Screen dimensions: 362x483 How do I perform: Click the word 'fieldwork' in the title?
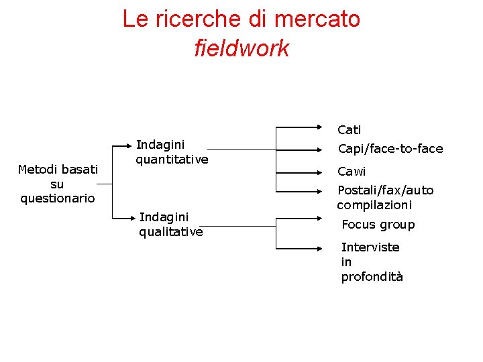[x=241, y=48]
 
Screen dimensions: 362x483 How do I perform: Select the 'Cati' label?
[x=349, y=129]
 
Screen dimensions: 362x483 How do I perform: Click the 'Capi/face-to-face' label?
[x=390, y=149]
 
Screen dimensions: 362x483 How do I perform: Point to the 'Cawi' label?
[x=352, y=172]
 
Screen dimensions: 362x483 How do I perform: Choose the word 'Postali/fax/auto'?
[x=385, y=190]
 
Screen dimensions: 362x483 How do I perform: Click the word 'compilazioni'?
[x=374, y=205]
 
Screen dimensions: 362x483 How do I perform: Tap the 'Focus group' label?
[x=378, y=225]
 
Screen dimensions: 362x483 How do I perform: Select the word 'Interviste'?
[x=370, y=247]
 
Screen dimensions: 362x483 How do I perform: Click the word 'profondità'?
[x=372, y=277]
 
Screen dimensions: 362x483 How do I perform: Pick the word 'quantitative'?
[x=172, y=160]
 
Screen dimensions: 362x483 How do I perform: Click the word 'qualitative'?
[x=170, y=232]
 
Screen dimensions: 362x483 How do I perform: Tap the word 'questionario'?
[x=58, y=198]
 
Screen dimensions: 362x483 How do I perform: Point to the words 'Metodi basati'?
[x=58, y=169]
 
